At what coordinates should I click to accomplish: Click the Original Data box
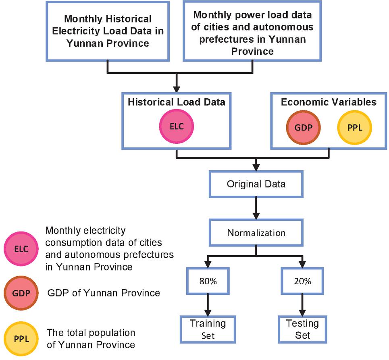pos(256,184)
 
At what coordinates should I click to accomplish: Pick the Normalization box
pos(256,232)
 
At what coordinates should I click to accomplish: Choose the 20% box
pos(302,281)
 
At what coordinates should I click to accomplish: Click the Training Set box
pos(208,329)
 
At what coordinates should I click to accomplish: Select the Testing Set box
pos(302,329)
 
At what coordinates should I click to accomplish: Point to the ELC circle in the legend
pos(21,248)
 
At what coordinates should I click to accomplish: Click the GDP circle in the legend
pos(21,293)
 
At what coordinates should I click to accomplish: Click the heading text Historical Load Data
pos(177,102)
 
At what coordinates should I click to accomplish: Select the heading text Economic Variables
pos(329,102)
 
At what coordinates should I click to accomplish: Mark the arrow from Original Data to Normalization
pos(256,208)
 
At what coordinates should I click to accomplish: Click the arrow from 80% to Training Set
pos(208,305)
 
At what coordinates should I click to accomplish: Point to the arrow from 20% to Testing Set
pos(302,305)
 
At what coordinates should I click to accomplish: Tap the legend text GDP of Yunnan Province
pos(104,293)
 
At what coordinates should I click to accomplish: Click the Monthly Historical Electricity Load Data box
pos(107,31)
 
